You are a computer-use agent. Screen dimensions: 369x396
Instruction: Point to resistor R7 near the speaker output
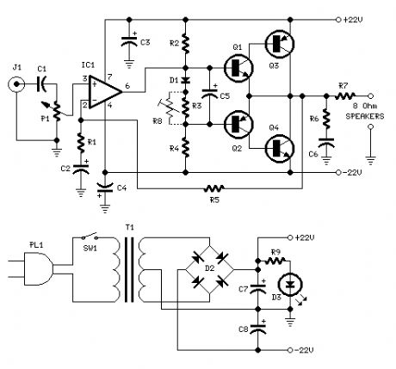click(343, 96)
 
